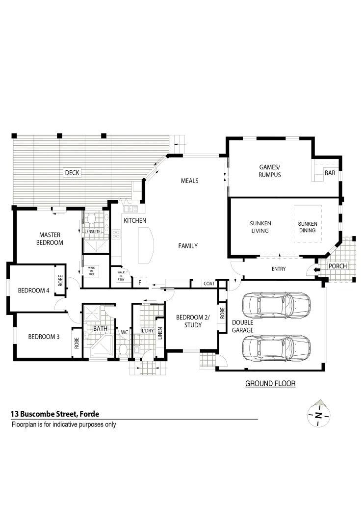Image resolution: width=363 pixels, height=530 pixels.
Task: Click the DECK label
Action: click(x=72, y=173)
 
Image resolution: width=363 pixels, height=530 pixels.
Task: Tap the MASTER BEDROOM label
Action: click(x=50, y=238)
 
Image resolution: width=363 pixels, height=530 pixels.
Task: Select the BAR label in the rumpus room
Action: click(x=330, y=173)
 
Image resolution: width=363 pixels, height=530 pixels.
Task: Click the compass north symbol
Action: click(x=318, y=416)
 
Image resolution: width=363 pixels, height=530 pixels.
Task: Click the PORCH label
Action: click(x=337, y=266)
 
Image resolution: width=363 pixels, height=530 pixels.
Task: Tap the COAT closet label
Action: click(x=209, y=284)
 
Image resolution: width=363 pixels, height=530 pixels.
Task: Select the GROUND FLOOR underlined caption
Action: click(x=270, y=383)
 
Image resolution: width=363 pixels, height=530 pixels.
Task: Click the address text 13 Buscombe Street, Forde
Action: click(x=55, y=414)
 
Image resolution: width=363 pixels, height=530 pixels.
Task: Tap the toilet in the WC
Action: click(x=124, y=349)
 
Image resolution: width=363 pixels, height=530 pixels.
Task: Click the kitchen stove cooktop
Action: click(x=116, y=235)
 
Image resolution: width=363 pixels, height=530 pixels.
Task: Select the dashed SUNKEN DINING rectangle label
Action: click(x=308, y=227)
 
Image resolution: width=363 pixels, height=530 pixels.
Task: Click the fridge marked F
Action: click(x=140, y=283)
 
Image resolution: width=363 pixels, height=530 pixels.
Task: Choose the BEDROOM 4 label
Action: click(x=33, y=291)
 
